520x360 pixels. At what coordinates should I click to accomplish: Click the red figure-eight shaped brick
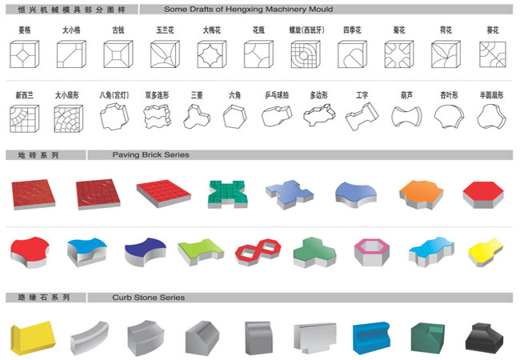[255, 251]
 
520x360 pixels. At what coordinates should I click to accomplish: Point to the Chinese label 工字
[362, 94]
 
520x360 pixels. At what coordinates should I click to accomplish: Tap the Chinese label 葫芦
[407, 94]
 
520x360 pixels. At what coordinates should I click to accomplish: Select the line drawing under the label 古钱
[118, 53]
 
